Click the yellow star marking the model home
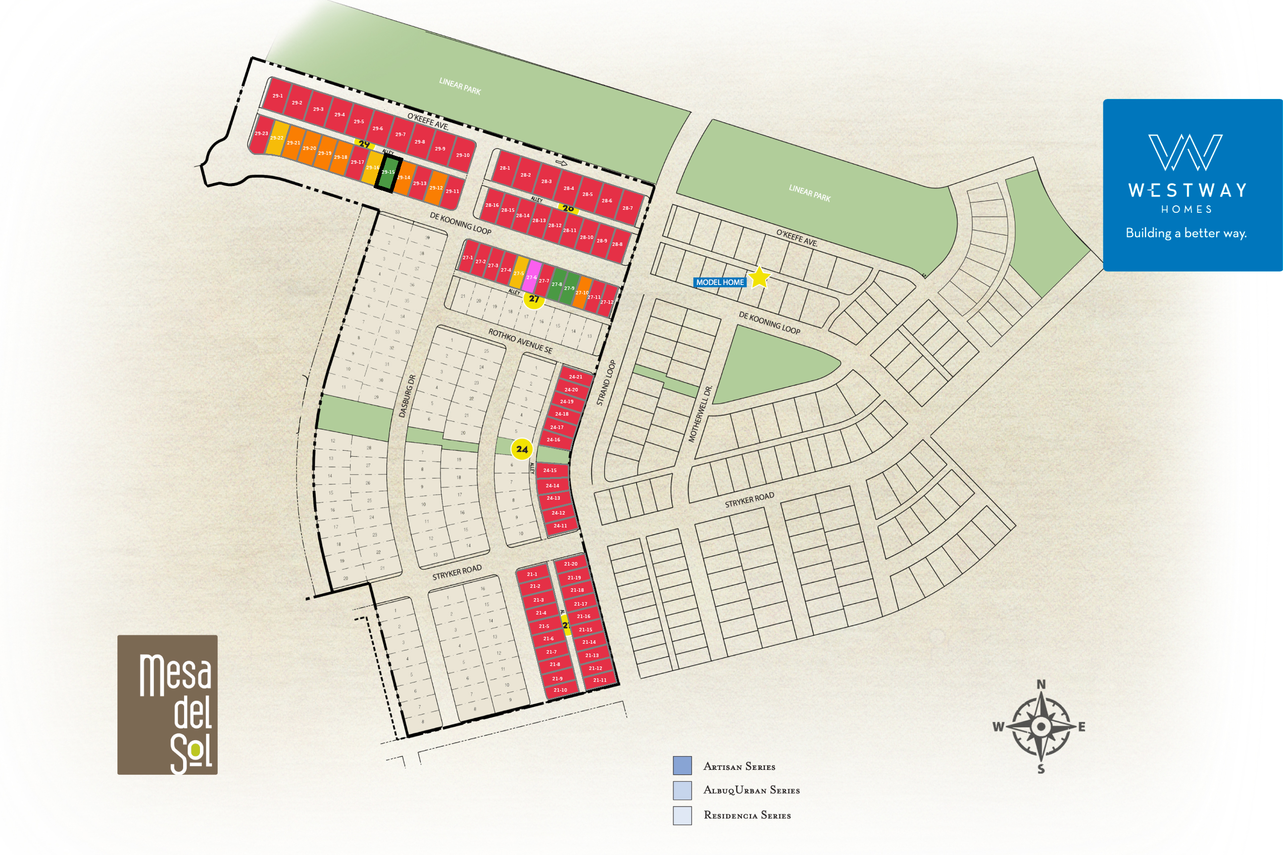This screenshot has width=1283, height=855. [x=759, y=278]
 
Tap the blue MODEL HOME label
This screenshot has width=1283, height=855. [x=720, y=283]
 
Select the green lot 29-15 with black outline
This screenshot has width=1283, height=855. [x=388, y=173]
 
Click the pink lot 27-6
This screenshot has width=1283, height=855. [x=532, y=277]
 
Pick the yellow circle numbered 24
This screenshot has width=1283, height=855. [x=522, y=449]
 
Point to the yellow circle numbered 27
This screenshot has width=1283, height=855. [x=534, y=299]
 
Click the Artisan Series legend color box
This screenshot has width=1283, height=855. [x=682, y=765]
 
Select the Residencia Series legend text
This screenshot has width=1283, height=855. [x=747, y=816]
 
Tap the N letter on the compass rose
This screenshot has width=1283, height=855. [x=1041, y=684]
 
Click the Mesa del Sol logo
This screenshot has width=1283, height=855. [x=167, y=705]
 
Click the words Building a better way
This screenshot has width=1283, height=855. [x=1186, y=234]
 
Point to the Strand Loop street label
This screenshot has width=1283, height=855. [x=606, y=383]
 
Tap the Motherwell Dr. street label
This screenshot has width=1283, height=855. [x=700, y=414]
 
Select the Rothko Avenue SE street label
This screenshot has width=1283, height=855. [x=520, y=341]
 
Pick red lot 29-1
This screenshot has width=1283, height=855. [x=278, y=95]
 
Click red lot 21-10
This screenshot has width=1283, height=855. [x=560, y=690]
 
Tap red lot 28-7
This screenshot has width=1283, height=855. [x=628, y=208]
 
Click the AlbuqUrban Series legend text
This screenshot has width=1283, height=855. [x=751, y=791]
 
